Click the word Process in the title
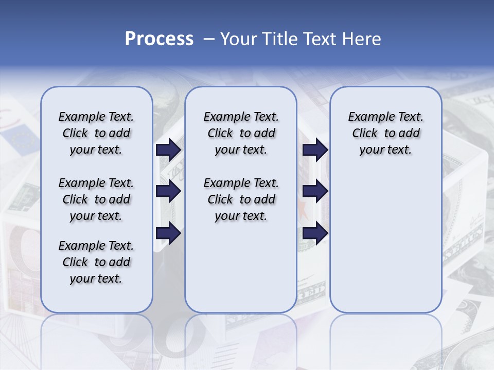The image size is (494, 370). [159, 39]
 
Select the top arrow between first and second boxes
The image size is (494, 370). [168, 150]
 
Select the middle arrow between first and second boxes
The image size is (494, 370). [168, 192]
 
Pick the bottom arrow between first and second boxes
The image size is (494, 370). [168, 233]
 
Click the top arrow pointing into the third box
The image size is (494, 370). [315, 150]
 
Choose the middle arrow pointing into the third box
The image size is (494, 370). [315, 192]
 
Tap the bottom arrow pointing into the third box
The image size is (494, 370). [315, 233]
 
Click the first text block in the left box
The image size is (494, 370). [96, 133]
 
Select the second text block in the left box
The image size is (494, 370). [96, 199]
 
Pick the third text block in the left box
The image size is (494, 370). [96, 262]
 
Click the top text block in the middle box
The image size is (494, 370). [241, 133]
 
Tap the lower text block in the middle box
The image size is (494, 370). [241, 199]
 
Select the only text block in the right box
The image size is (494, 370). [385, 133]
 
